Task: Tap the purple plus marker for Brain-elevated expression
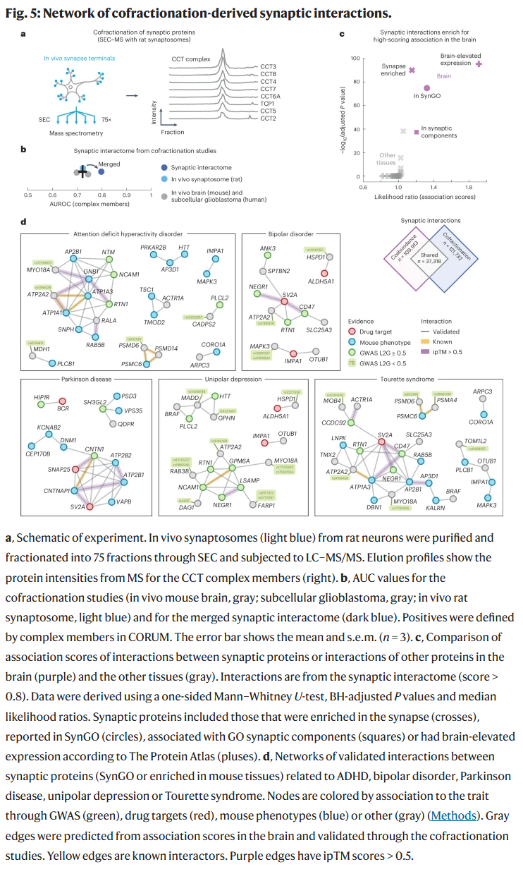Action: (x=479, y=64)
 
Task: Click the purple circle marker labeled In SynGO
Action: (x=426, y=88)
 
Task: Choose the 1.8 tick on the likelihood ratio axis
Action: (x=469, y=188)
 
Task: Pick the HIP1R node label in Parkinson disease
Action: (x=41, y=398)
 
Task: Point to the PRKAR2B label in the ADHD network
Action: (x=153, y=247)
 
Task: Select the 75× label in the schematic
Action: (x=107, y=120)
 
